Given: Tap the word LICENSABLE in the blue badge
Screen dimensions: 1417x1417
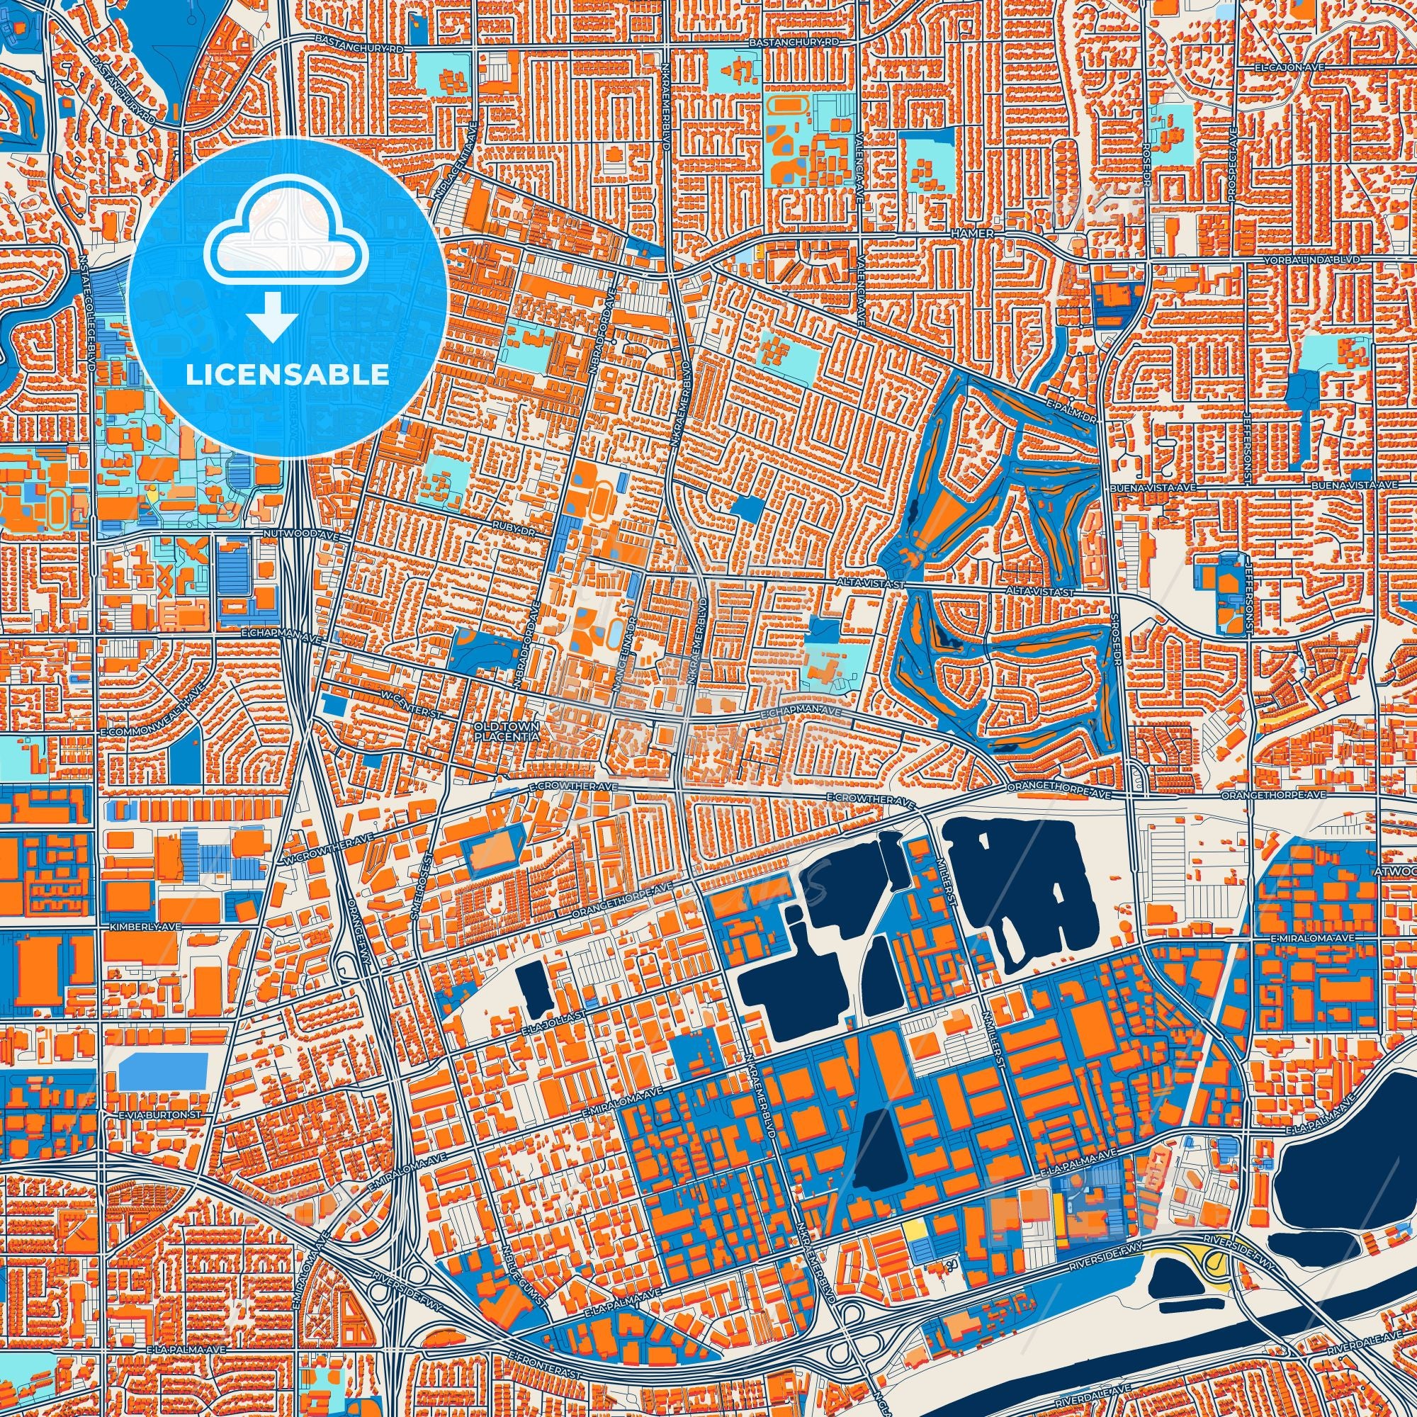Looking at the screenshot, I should (287, 376).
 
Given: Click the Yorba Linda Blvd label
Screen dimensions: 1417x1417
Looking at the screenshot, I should (1327, 260).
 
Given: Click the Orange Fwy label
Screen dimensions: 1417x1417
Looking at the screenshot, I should (361, 928).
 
